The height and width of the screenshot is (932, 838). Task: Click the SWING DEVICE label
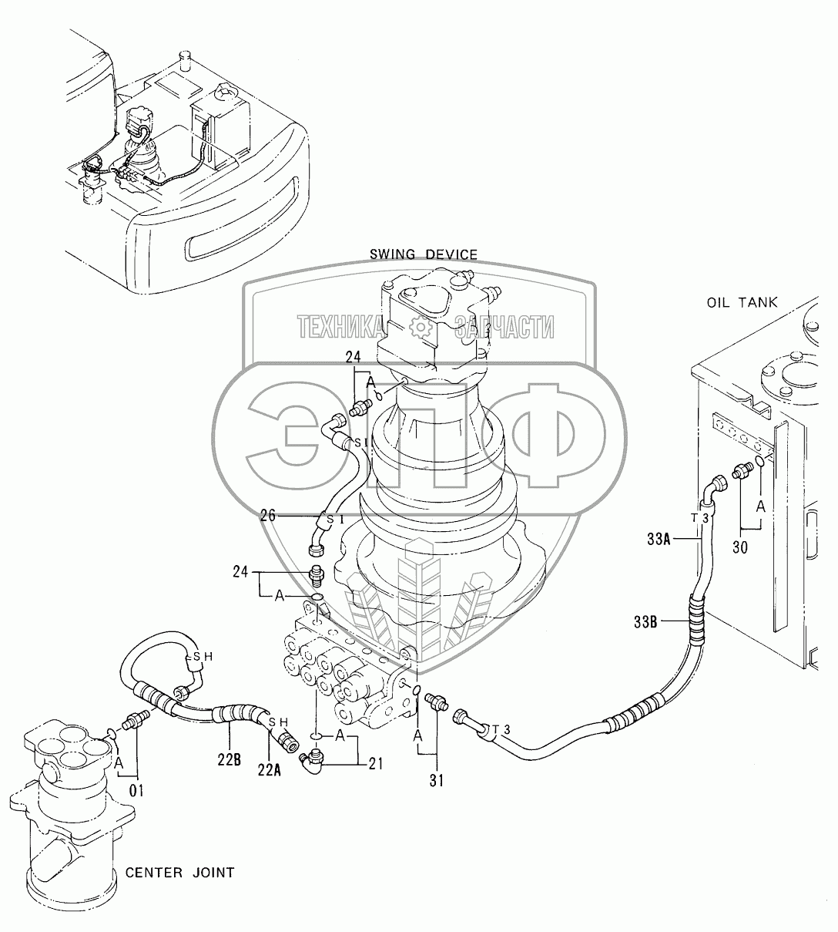423,254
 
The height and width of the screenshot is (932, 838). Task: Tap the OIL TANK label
742,303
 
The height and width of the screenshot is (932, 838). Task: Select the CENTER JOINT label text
179,873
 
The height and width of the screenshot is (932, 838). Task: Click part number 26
268,516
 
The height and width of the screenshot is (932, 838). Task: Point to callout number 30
740,549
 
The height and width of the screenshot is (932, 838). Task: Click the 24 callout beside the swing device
353,356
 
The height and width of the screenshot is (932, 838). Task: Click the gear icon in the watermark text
421,328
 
